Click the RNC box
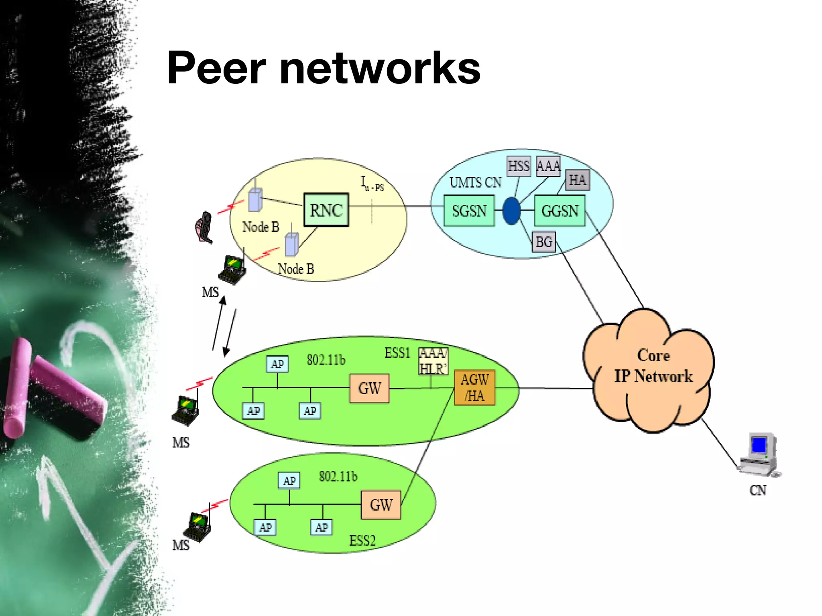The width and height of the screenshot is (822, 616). [x=326, y=210]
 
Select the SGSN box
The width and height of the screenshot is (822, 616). [x=469, y=211]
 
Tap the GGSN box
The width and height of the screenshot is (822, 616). [x=560, y=211]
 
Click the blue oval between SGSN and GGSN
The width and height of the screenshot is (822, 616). [x=511, y=211]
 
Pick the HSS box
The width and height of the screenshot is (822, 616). [x=518, y=166]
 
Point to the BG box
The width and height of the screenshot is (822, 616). [x=543, y=242]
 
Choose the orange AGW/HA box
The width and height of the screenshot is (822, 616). [x=474, y=387]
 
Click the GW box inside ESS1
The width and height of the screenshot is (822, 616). [x=369, y=388]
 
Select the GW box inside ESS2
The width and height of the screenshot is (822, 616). [x=381, y=505]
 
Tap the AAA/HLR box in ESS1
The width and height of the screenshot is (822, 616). [x=433, y=361]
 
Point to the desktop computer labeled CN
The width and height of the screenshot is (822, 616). [x=760, y=455]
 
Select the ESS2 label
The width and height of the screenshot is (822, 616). [x=362, y=541]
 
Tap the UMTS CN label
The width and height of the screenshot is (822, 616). [x=475, y=183]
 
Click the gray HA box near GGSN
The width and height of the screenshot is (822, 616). [x=577, y=180]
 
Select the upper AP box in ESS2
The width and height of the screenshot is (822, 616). [x=289, y=480]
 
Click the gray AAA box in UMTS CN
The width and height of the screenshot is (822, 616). [x=548, y=166]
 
